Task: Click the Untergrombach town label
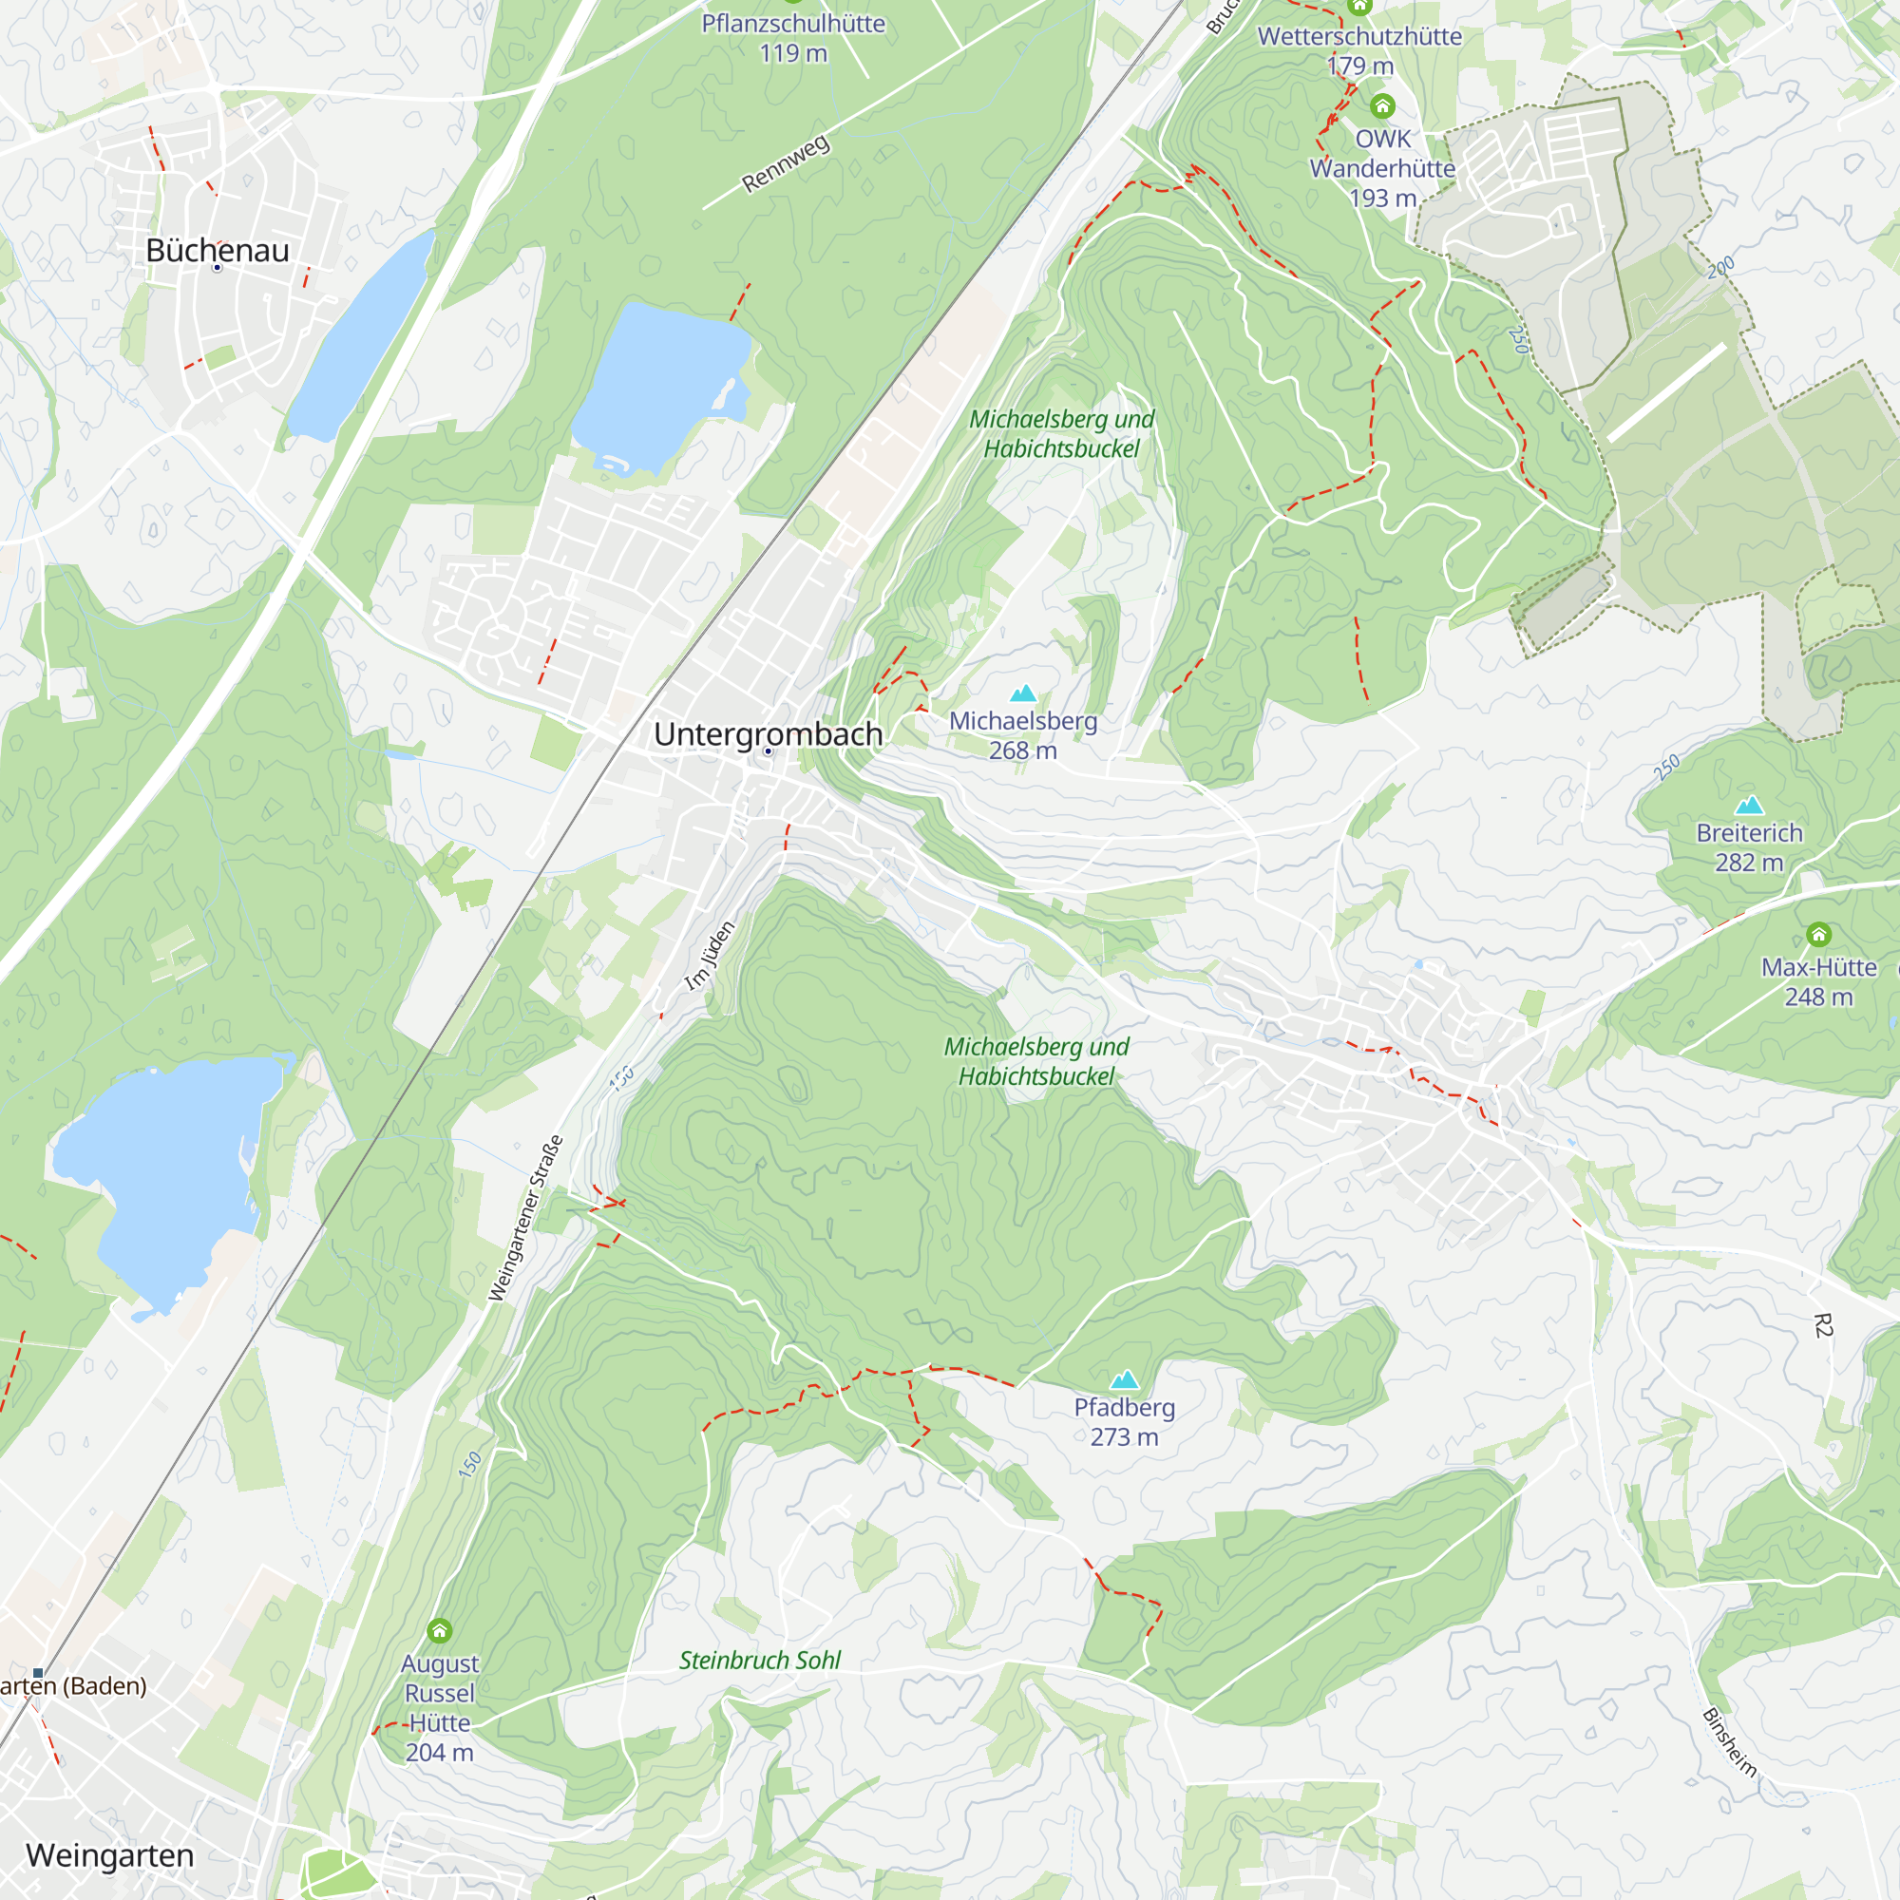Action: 767,733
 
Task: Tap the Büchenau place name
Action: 218,250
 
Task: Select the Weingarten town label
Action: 110,1854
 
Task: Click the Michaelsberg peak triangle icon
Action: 1024,693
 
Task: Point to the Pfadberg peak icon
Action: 1124,1379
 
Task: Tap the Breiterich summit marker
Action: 1749,806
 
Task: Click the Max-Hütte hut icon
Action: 1818,934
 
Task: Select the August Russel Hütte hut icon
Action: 440,1631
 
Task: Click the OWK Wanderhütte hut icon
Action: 1382,106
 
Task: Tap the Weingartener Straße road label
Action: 526,1219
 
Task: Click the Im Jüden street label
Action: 710,955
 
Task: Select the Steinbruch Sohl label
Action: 760,1660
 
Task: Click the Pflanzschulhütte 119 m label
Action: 792,38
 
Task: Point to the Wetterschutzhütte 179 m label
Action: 1359,51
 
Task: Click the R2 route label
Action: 1822,1325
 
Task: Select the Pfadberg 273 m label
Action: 1124,1422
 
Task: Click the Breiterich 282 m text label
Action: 1749,847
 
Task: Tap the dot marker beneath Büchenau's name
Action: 218,268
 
